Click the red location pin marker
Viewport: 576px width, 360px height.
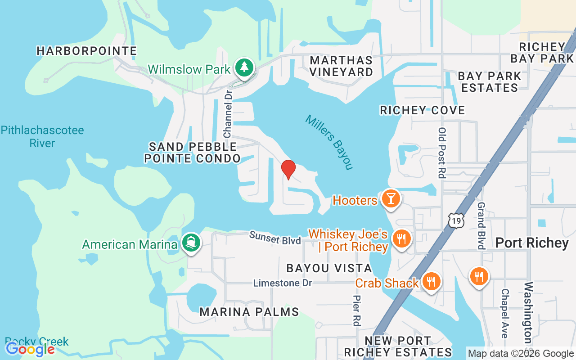288,169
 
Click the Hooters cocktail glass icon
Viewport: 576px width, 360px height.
390,198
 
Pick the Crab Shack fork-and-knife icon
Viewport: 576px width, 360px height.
431,281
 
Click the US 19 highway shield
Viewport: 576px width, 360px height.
455,219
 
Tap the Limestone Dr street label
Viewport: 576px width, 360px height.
282,283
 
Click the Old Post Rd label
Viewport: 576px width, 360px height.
442,153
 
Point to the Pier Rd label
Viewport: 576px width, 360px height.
356,310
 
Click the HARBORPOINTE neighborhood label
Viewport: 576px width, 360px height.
86,51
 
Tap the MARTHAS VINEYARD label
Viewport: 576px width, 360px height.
341,66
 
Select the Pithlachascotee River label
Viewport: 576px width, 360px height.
42,137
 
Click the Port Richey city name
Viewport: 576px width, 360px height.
532,243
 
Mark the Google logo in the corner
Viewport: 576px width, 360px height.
30,349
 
